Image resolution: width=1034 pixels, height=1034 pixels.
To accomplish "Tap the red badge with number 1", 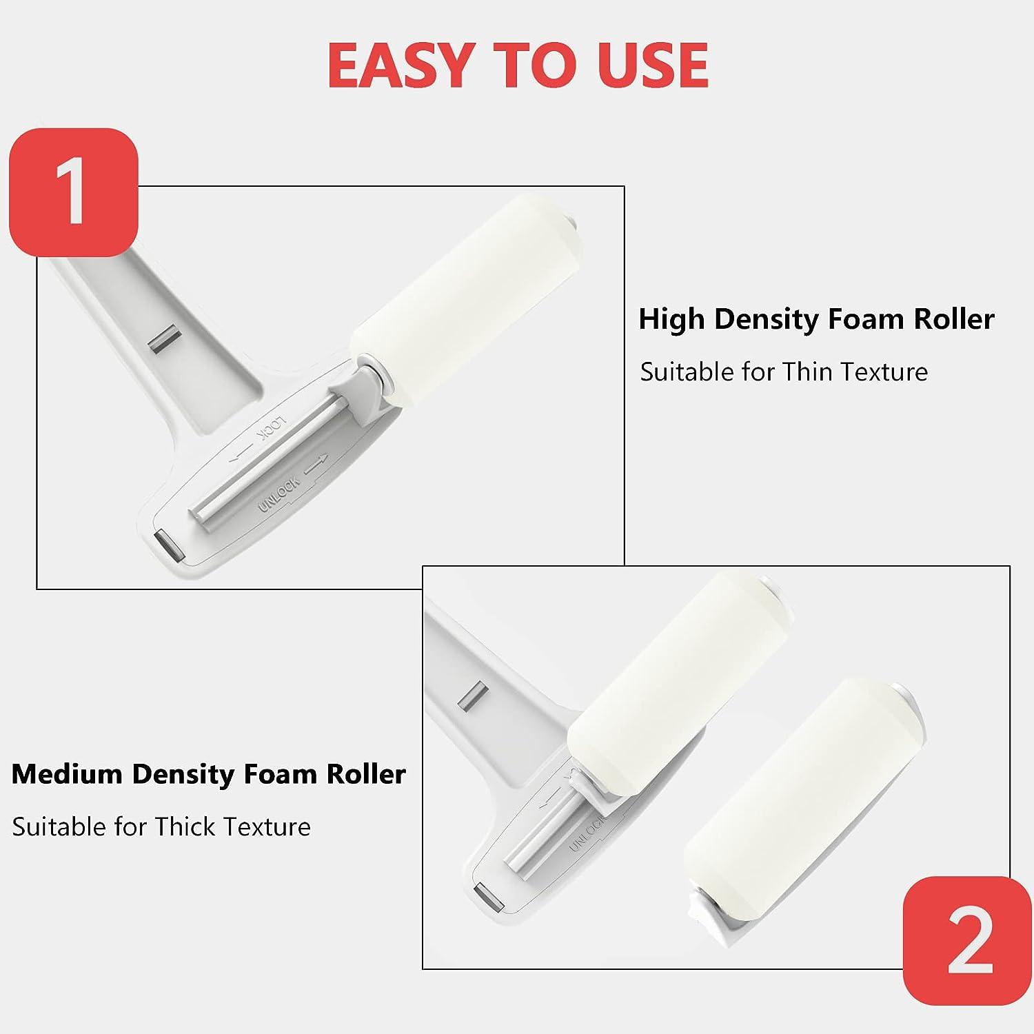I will pos(74,192).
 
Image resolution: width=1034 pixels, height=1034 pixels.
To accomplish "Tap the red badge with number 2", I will pos(968,940).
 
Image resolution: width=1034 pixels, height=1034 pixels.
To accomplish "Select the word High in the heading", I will pos(671,319).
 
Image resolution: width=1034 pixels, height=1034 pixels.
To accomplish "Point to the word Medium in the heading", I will pos(67,774).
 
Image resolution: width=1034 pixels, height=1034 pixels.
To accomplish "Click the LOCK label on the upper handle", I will pos(271,428).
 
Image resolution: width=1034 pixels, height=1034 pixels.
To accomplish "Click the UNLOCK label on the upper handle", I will pos(279,494).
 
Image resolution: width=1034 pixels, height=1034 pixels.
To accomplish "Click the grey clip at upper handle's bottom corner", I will pos(169,545).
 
